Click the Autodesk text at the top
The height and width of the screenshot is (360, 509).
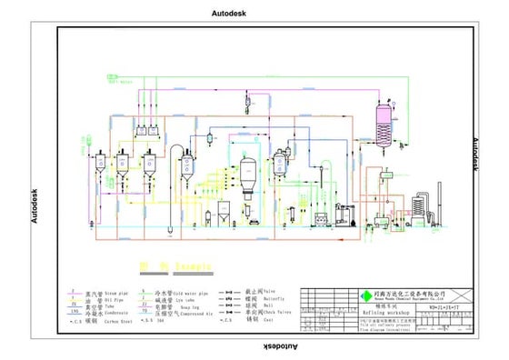[x=229, y=14]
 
